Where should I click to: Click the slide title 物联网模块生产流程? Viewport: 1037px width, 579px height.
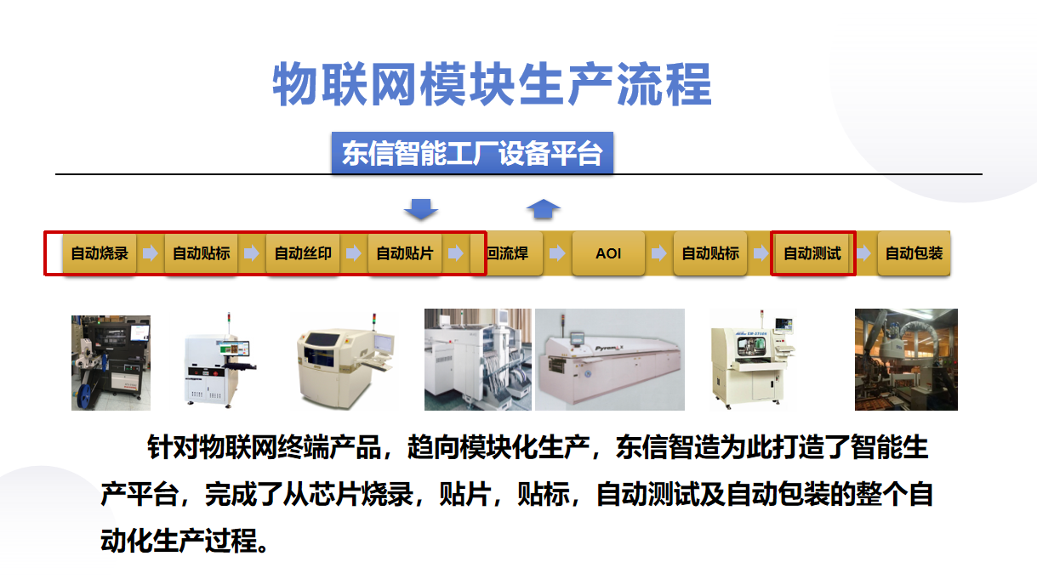[492, 84]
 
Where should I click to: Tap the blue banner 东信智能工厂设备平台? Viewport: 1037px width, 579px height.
[472, 153]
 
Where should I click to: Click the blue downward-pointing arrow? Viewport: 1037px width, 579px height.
[421, 209]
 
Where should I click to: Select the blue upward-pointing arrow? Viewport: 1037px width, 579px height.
[544, 209]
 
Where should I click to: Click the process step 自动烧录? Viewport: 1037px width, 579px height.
[100, 253]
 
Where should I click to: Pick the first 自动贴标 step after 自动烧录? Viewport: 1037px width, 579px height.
[202, 253]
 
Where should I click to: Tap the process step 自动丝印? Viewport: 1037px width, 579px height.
[303, 253]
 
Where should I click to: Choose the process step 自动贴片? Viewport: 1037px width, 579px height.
[405, 253]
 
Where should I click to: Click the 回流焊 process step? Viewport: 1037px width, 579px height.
[507, 253]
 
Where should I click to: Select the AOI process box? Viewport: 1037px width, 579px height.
[608, 253]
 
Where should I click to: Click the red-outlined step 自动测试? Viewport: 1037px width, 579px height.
[812, 253]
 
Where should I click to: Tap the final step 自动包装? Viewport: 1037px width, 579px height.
[914, 253]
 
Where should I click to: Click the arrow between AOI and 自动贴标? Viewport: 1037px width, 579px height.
[659, 253]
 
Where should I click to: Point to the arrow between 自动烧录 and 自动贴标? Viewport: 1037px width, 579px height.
[150, 253]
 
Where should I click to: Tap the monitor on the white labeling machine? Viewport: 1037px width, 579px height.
[234, 349]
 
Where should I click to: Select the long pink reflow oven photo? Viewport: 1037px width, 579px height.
[610, 360]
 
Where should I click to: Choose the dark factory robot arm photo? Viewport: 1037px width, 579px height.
[906, 360]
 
